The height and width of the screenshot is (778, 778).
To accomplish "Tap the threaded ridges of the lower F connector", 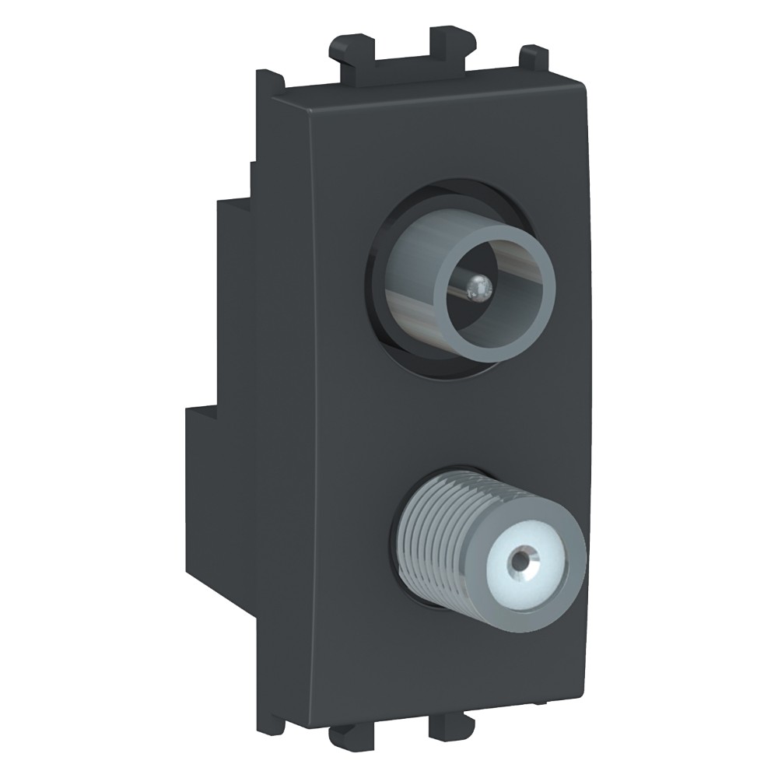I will (x=436, y=529).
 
